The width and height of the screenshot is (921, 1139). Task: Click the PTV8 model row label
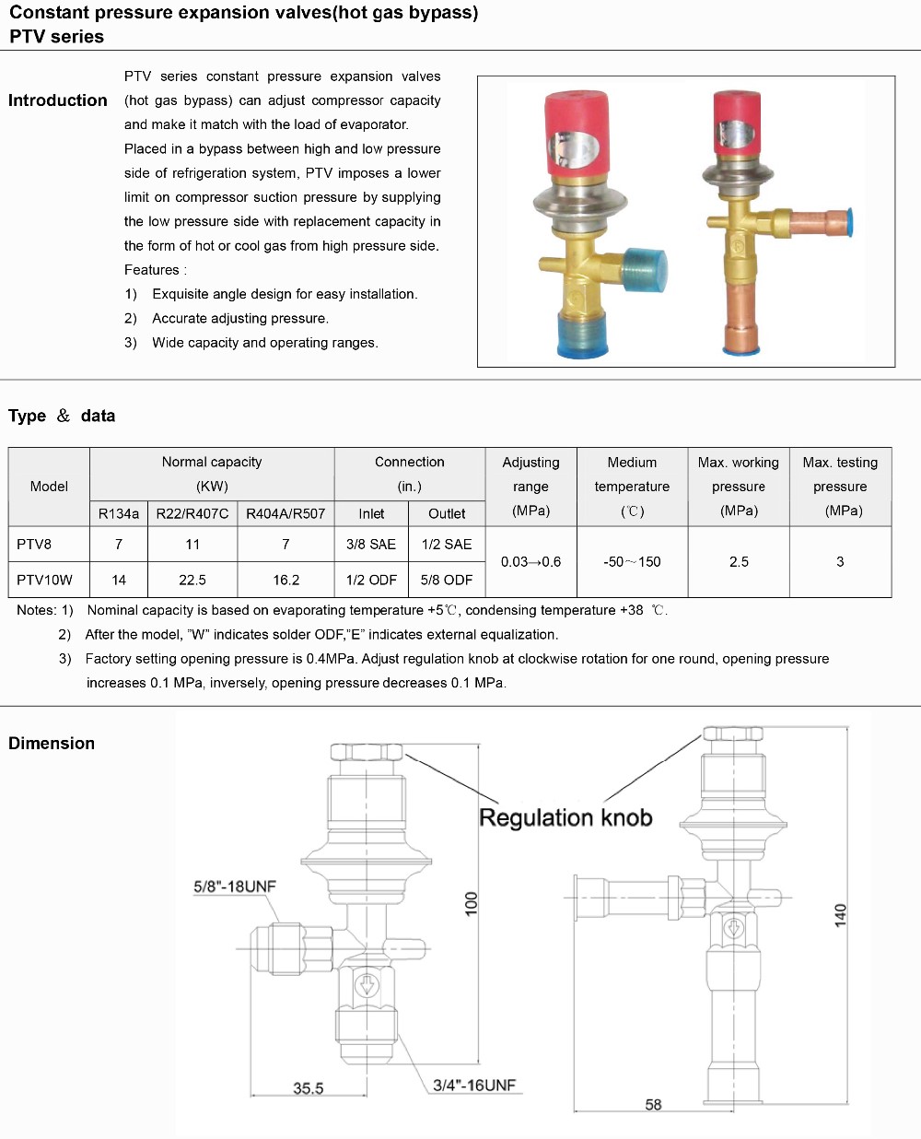pos(34,545)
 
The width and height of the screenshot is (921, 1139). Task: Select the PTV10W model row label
pos(44,580)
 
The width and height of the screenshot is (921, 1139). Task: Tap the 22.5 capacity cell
pos(192,580)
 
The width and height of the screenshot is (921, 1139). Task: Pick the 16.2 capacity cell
pos(286,580)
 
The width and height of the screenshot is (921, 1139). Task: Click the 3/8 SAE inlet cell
pos(371,545)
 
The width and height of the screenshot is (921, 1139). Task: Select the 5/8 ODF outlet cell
pos(447,580)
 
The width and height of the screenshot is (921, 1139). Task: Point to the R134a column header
pos(119,513)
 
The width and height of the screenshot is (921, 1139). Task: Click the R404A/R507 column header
pos(286,513)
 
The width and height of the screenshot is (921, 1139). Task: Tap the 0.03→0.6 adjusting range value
pos(530,561)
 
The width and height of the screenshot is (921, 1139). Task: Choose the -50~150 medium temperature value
pos(632,561)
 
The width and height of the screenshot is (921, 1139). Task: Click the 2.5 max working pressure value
pos(739,561)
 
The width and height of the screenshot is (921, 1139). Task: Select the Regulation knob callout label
pos(565,817)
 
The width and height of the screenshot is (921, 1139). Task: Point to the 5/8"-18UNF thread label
pos(234,887)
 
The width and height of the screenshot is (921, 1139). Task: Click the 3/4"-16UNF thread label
pos(474,1086)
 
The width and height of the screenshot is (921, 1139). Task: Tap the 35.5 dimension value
pos(309,1088)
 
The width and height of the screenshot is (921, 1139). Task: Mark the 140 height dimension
pos(840,915)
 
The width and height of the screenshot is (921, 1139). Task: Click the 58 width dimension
pos(653,1104)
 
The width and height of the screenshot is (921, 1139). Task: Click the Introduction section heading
pos(58,100)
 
